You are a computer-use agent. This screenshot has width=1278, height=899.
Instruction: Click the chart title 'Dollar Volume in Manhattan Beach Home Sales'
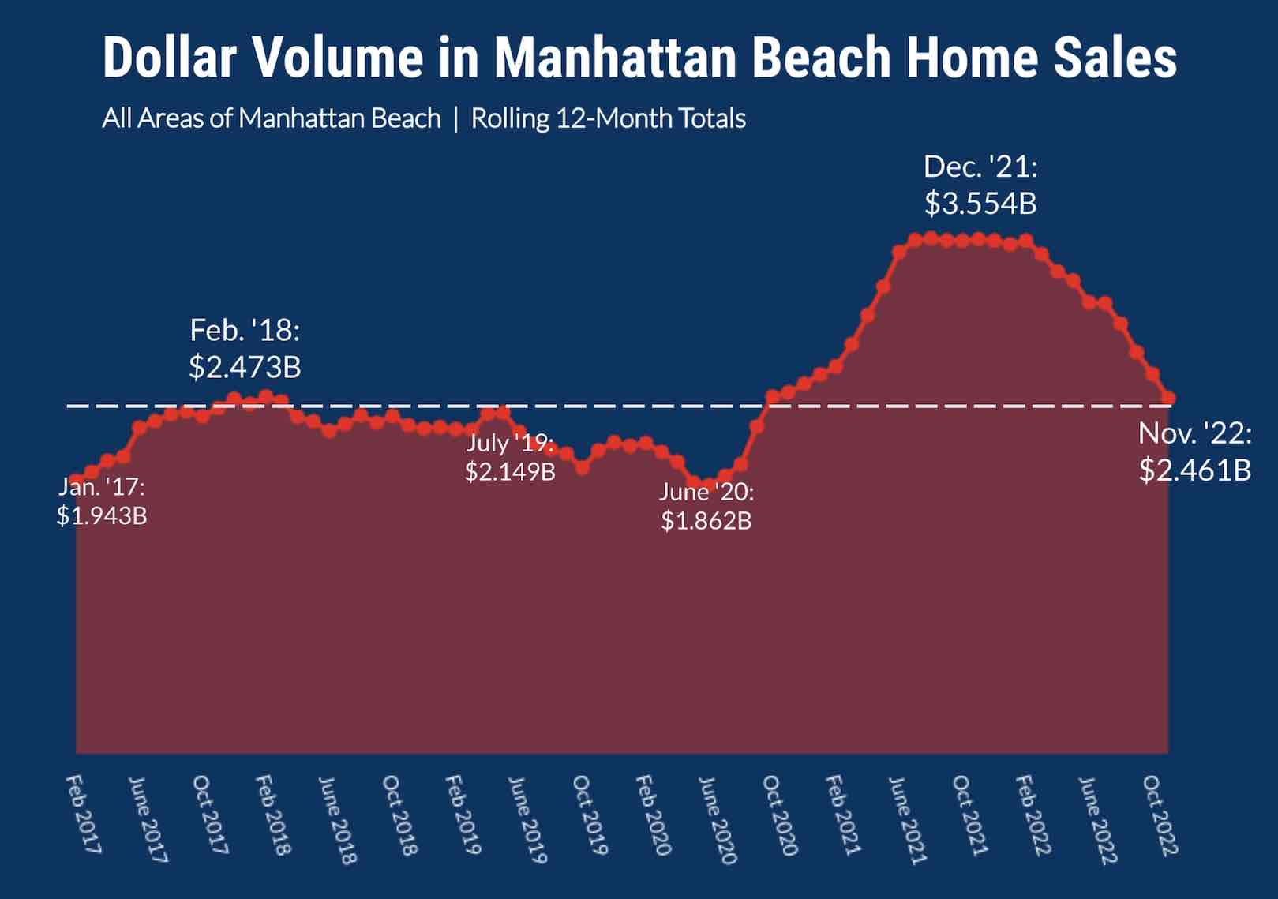point(639,57)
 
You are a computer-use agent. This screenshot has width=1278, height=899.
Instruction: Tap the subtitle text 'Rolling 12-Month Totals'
point(609,118)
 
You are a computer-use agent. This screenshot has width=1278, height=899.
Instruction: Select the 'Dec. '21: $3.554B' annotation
point(980,185)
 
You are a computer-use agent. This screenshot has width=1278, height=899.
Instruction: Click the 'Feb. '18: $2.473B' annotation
point(245,349)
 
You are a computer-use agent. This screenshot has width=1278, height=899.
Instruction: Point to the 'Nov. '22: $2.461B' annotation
point(1194,451)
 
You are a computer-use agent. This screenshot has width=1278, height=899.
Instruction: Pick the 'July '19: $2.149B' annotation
point(510,458)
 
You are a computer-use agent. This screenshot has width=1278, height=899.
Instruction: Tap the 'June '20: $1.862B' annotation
point(706,506)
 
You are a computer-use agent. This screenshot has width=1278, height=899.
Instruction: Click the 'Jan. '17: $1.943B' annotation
point(102,501)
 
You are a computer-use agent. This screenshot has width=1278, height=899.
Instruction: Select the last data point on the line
point(1168,398)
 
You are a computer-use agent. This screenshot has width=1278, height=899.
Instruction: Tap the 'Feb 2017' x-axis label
point(84,815)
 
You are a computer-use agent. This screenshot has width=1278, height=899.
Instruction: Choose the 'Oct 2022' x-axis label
point(1161,815)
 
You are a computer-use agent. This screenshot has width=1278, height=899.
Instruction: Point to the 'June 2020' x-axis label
point(718,820)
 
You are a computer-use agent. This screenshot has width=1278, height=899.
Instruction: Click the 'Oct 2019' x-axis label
point(590,815)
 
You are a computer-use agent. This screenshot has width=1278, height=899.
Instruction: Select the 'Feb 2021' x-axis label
point(843,815)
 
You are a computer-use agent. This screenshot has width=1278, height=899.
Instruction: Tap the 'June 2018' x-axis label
point(338,820)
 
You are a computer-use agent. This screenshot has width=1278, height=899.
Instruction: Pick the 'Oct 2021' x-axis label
point(970,815)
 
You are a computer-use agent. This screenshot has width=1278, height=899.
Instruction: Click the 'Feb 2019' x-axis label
point(463,815)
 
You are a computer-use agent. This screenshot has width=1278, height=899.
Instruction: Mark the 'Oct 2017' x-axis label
point(211,815)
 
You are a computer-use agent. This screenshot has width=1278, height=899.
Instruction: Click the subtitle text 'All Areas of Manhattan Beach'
point(272,118)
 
